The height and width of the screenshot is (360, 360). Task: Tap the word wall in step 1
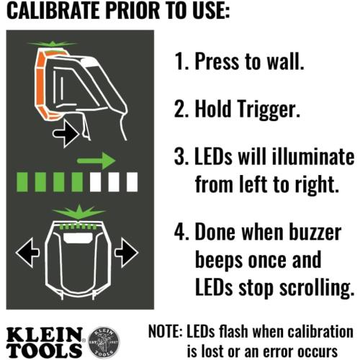pyautogui.click(x=282, y=60)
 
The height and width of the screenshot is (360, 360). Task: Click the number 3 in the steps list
pyautogui.click(x=179, y=157)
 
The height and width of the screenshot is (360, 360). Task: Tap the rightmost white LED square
pyautogui.click(x=132, y=181)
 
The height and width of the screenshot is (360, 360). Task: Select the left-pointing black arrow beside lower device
pyautogui.click(x=28, y=253)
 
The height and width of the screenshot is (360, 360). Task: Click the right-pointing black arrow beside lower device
pyautogui.click(x=127, y=253)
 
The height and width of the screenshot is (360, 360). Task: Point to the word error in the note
pyautogui.click(x=287, y=351)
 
